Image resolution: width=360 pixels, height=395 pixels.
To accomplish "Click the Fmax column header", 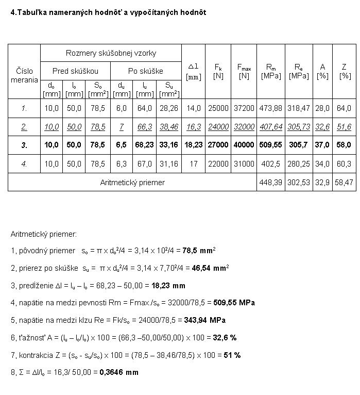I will (244, 71).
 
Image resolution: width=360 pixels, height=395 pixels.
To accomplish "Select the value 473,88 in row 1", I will (271, 108).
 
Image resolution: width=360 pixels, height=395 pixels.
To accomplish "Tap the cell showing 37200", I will (244, 108).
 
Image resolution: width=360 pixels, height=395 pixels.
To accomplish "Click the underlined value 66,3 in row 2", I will (145, 127).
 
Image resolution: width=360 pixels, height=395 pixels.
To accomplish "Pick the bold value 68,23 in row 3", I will (145, 145).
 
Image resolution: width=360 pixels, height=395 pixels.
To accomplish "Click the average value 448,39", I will (271, 182).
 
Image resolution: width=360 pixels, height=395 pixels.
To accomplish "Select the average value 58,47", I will (345, 182).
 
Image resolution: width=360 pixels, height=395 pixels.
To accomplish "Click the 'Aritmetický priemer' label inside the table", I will (132, 182).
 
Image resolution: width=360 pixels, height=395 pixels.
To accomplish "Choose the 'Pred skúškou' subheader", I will (75, 71).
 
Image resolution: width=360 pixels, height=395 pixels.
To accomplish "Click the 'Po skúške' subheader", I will (146, 71).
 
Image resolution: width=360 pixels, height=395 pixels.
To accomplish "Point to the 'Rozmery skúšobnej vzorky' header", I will (111, 53).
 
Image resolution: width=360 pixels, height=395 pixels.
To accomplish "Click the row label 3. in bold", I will (24, 145).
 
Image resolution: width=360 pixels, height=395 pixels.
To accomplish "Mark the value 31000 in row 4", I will (244, 163).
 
